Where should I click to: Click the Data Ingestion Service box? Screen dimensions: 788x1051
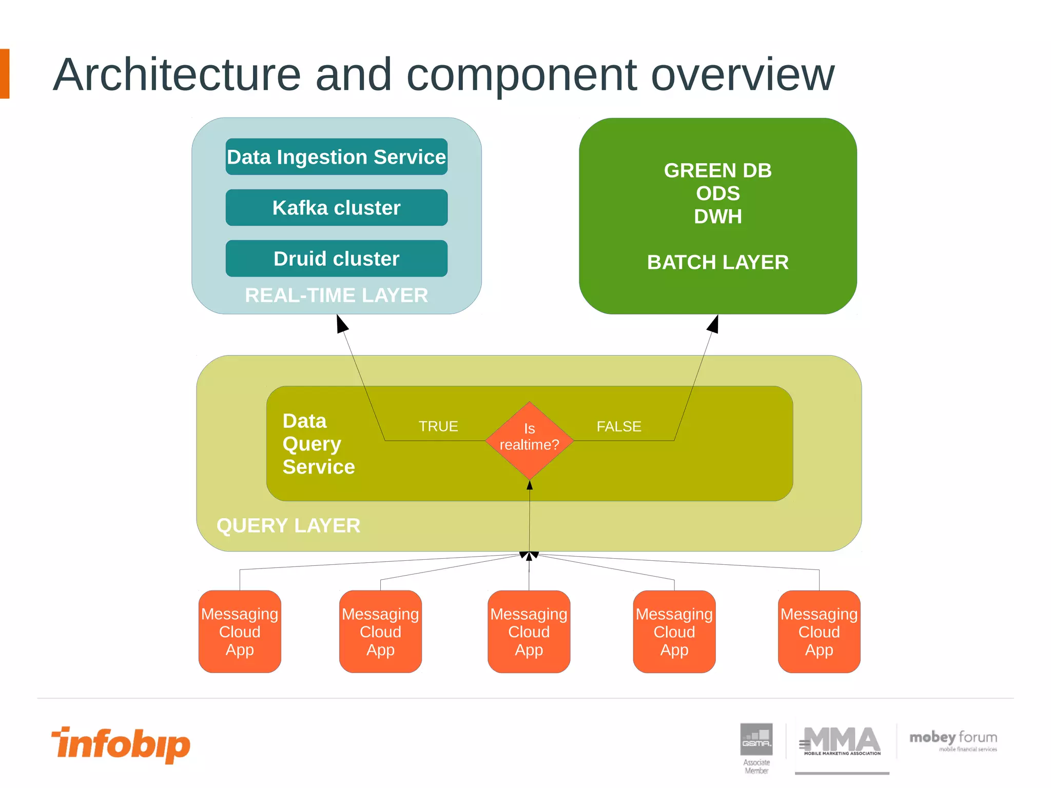pyautogui.click(x=336, y=156)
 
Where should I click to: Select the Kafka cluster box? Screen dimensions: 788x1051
pyautogui.click(x=336, y=207)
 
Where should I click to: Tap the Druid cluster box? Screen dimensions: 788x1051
pyautogui.click(x=336, y=258)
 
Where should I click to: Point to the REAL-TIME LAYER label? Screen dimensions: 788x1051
pyautogui.click(x=336, y=295)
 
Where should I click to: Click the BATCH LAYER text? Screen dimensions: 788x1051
pyautogui.click(x=717, y=262)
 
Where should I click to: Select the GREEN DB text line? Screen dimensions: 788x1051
pyautogui.click(x=717, y=170)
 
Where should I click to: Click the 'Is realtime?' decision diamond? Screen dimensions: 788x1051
pyautogui.click(x=529, y=440)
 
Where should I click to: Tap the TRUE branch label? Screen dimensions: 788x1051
pyautogui.click(x=438, y=426)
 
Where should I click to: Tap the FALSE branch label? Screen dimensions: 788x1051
pyautogui.click(x=618, y=426)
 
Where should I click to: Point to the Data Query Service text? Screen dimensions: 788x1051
pyautogui.click(x=318, y=444)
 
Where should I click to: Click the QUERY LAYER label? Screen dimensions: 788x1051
pyautogui.click(x=288, y=525)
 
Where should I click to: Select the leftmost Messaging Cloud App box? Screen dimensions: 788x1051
pyautogui.click(x=240, y=632)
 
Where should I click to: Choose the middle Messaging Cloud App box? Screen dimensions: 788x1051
pyautogui.click(x=529, y=632)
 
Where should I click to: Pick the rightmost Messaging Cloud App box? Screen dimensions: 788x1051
pyautogui.click(x=819, y=632)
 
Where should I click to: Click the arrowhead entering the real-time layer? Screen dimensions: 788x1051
pyautogui.click(x=342, y=323)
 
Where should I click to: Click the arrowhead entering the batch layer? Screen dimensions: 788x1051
pyautogui.click(x=713, y=324)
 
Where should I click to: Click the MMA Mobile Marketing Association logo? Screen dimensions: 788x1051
pyautogui.click(x=842, y=741)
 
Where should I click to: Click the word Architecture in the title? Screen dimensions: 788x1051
pyautogui.click(x=177, y=75)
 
